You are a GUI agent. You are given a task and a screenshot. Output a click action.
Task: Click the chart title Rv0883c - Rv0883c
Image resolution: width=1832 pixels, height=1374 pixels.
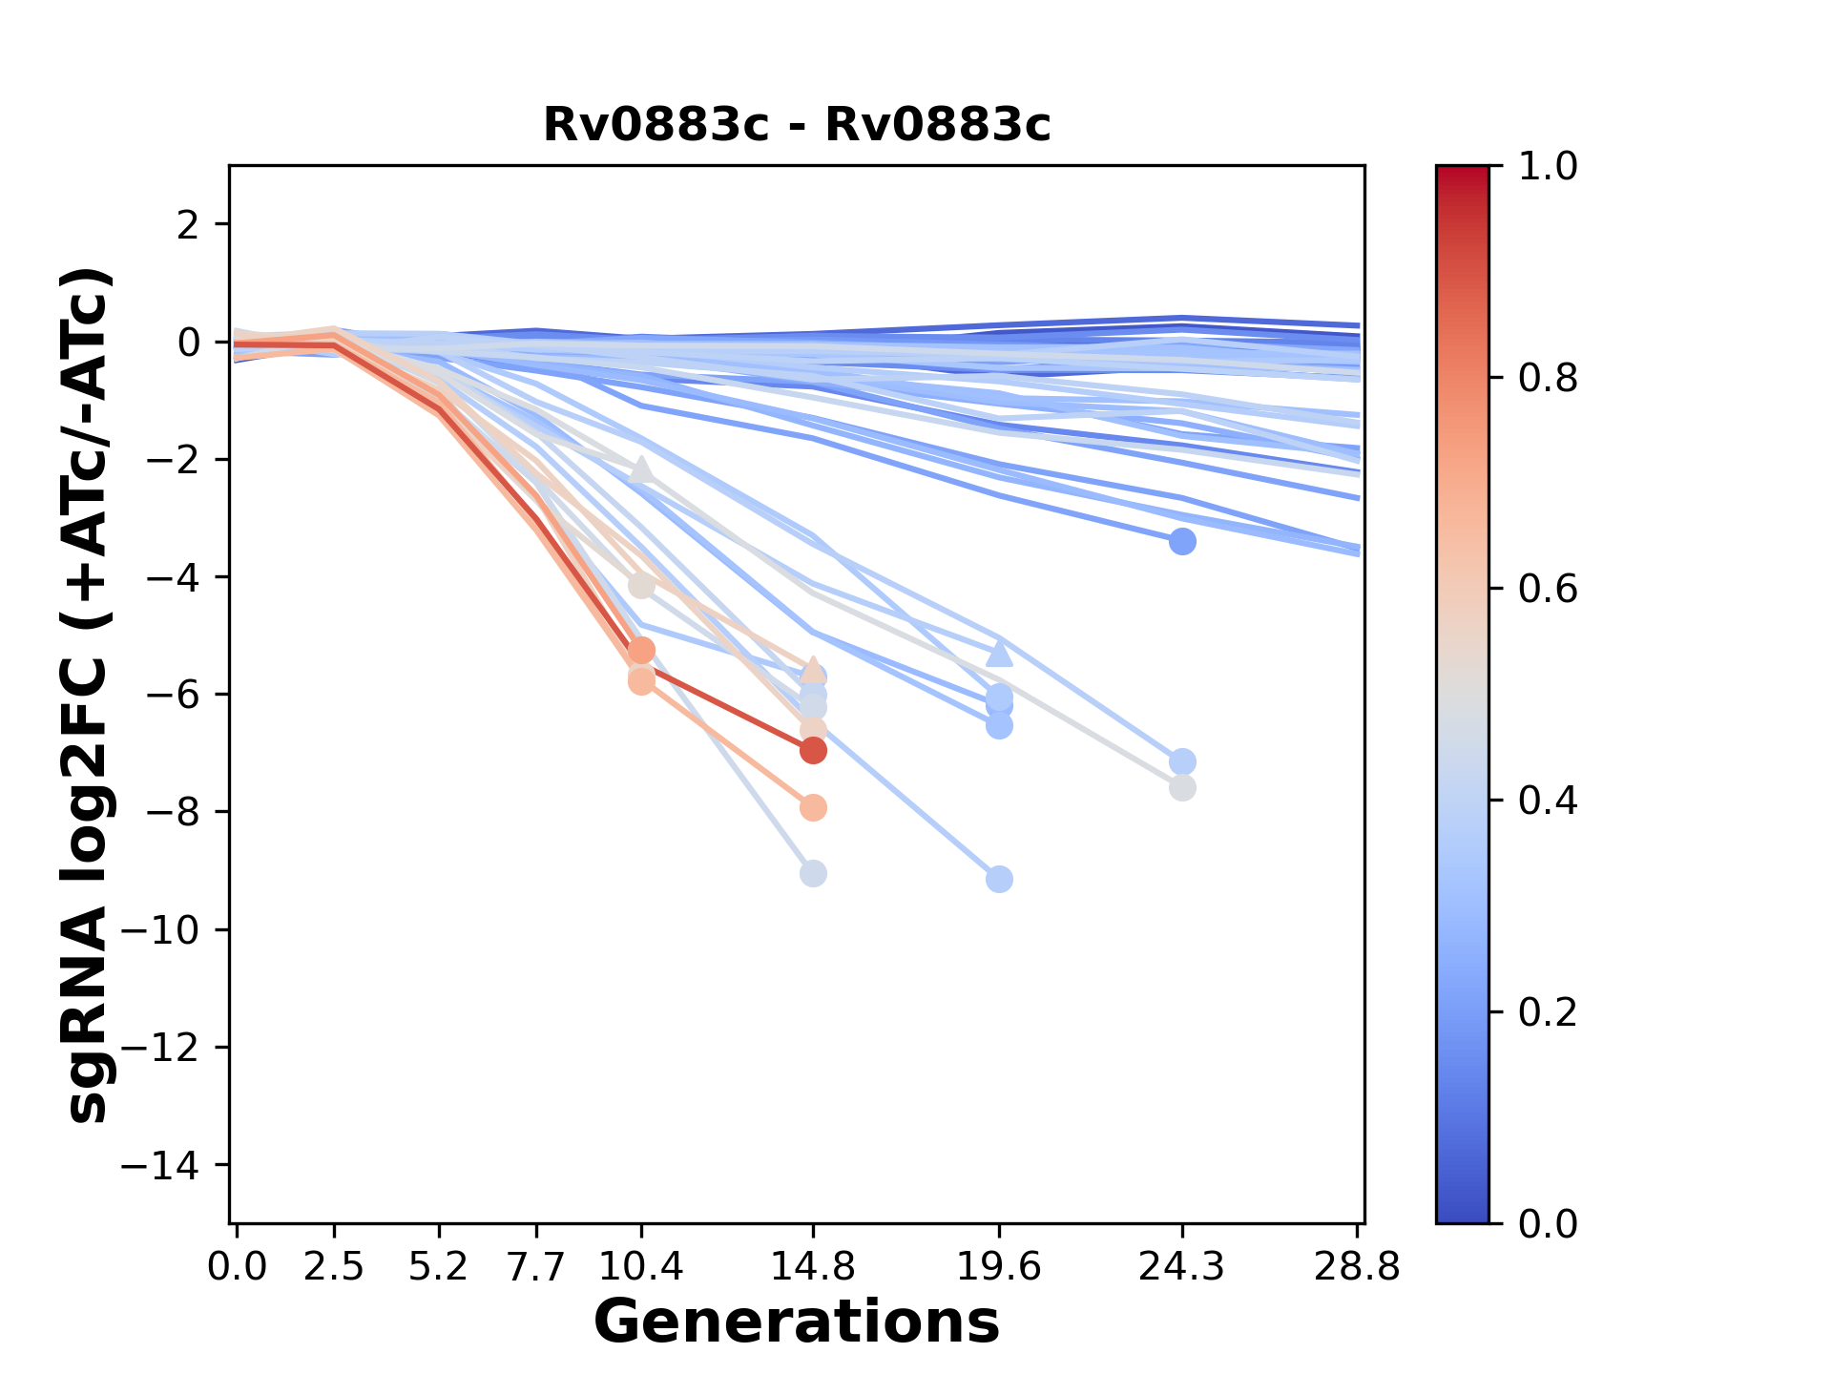[797, 125]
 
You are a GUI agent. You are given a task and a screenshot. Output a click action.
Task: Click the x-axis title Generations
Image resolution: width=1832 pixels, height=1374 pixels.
[797, 1322]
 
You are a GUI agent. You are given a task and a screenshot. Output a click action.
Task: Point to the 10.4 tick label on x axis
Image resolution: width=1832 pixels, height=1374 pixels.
[641, 1266]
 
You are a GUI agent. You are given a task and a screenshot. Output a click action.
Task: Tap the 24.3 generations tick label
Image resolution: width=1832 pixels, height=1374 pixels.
[1182, 1266]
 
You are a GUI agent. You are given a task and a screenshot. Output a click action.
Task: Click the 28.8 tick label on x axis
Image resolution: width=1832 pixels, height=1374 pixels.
[1357, 1266]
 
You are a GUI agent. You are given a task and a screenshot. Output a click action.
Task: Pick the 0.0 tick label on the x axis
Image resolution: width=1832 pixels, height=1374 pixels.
[238, 1266]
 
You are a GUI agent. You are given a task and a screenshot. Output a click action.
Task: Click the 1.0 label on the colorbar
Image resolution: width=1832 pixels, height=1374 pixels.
[1548, 167]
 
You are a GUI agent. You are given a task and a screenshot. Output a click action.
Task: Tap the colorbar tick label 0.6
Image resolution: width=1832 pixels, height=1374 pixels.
[1548, 590]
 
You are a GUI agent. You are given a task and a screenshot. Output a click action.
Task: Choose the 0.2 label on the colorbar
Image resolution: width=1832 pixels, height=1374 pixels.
[1548, 1012]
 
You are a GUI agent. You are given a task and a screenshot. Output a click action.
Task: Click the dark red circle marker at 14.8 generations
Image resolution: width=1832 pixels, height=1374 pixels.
[813, 751]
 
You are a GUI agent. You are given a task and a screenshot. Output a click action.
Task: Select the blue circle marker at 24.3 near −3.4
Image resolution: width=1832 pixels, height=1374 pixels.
[1182, 542]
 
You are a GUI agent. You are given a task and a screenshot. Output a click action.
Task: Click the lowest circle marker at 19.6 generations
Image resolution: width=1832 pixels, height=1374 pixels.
[999, 879]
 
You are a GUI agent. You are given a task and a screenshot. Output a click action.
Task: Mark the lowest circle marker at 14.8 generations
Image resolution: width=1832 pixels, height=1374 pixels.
[813, 873]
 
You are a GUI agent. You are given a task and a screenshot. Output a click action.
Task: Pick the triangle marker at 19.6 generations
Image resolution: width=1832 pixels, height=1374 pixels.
[999, 654]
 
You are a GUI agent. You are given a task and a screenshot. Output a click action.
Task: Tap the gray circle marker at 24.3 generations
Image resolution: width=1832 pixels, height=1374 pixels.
[1182, 788]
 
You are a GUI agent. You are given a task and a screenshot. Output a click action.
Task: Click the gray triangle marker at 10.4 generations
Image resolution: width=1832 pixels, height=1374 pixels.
[641, 469]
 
